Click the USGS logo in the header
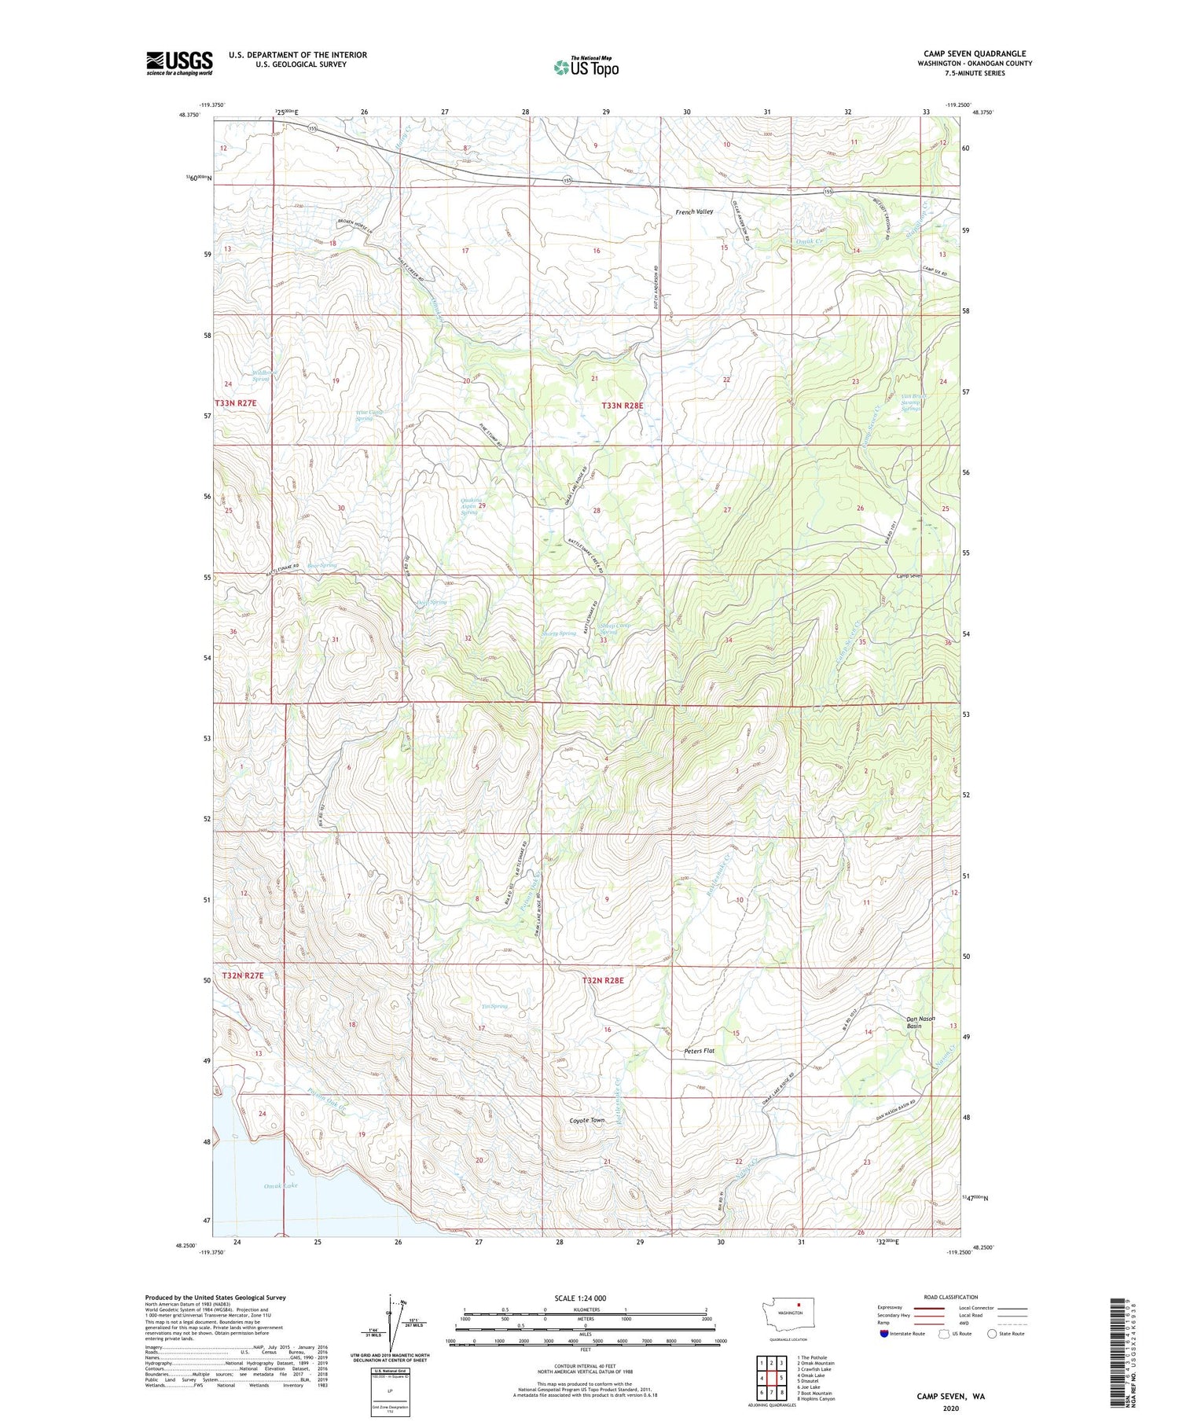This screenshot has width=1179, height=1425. pyautogui.click(x=179, y=63)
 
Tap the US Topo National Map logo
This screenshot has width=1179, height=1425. pyautogui.click(x=586, y=67)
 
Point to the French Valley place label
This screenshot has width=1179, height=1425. pyautogui.click(x=694, y=212)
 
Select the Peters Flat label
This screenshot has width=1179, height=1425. pyautogui.click(x=699, y=1051)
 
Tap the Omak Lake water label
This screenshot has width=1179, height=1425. pyautogui.click(x=281, y=1185)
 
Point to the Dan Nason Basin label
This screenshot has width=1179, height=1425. pyautogui.click(x=920, y=1022)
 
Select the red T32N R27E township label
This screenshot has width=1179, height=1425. pyautogui.click(x=243, y=975)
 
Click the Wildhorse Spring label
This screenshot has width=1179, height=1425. pyautogui.click(x=261, y=376)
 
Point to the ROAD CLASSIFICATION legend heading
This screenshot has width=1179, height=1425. pyautogui.click(x=951, y=1297)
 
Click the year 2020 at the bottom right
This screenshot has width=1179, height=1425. pyautogui.click(x=950, y=1408)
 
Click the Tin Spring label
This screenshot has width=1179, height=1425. pyautogui.click(x=494, y=1006)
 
